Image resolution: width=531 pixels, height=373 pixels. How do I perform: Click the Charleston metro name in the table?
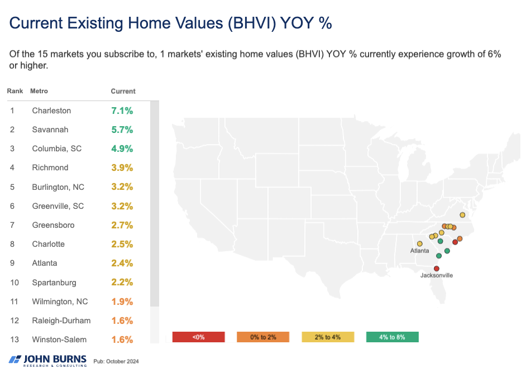(x=51, y=111)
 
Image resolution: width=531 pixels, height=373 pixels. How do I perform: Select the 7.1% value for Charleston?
(x=122, y=111)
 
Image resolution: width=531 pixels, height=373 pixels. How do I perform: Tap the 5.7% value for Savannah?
(x=122, y=130)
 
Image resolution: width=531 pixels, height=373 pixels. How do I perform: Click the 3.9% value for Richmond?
(x=122, y=168)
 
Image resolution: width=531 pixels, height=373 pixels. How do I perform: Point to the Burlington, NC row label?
(x=58, y=187)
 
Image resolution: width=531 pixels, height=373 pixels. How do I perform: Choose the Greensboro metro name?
(x=53, y=225)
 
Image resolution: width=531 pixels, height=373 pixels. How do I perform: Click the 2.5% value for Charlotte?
(x=122, y=244)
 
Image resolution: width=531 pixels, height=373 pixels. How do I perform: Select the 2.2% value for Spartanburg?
(x=122, y=283)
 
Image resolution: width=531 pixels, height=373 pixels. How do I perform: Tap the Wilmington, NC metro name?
(x=60, y=302)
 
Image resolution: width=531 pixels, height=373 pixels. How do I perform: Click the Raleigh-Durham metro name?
(x=61, y=321)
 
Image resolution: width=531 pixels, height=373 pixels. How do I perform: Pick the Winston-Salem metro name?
(x=59, y=339)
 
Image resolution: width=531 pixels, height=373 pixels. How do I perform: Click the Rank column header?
(x=15, y=91)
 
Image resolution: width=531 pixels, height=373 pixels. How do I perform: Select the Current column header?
(x=123, y=91)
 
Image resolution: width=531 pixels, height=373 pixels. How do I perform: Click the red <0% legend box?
(x=199, y=337)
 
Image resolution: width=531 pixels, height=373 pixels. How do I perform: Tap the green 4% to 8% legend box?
(x=393, y=337)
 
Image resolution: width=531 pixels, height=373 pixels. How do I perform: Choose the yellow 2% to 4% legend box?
(x=328, y=337)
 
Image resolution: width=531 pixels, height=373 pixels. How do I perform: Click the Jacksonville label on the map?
(x=437, y=275)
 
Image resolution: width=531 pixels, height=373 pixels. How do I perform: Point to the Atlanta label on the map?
(x=420, y=251)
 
